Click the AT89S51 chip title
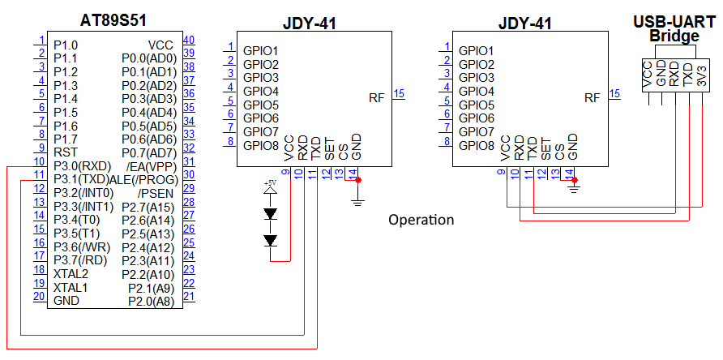tap(119, 19)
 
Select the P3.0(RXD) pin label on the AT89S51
tap(82, 165)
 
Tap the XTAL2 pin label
tap(71, 273)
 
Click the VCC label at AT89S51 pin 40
tap(160, 45)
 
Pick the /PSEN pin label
tap(156, 193)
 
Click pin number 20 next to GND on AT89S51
tap(38, 296)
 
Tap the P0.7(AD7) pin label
tap(148, 152)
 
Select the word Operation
tap(421, 220)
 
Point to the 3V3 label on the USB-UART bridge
tap(702, 77)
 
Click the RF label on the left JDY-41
tap(377, 98)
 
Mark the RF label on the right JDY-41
tap(593, 98)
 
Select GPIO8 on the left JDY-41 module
tap(261, 146)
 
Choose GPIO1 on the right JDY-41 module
tap(477, 50)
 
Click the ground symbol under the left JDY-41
tap(357, 199)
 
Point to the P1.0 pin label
tap(66, 45)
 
